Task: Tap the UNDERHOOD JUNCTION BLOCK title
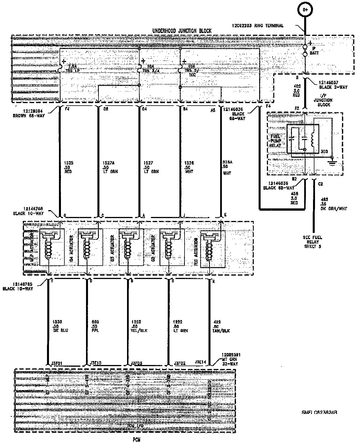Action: click(182, 31)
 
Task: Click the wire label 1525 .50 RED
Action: click(69, 167)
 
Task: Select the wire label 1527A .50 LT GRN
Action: click(110, 167)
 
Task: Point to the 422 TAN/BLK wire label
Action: click(221, 326)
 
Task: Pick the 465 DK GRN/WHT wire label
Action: click(334, 204)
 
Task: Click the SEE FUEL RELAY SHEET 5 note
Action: click(312, 242)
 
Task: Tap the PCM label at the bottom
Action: click(136, 440)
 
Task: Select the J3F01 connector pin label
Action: click(56, 363)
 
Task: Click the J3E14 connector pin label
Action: click(201, 362)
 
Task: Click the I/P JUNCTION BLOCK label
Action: click(323, 100)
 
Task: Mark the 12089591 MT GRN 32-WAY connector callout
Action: click(231, 359)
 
